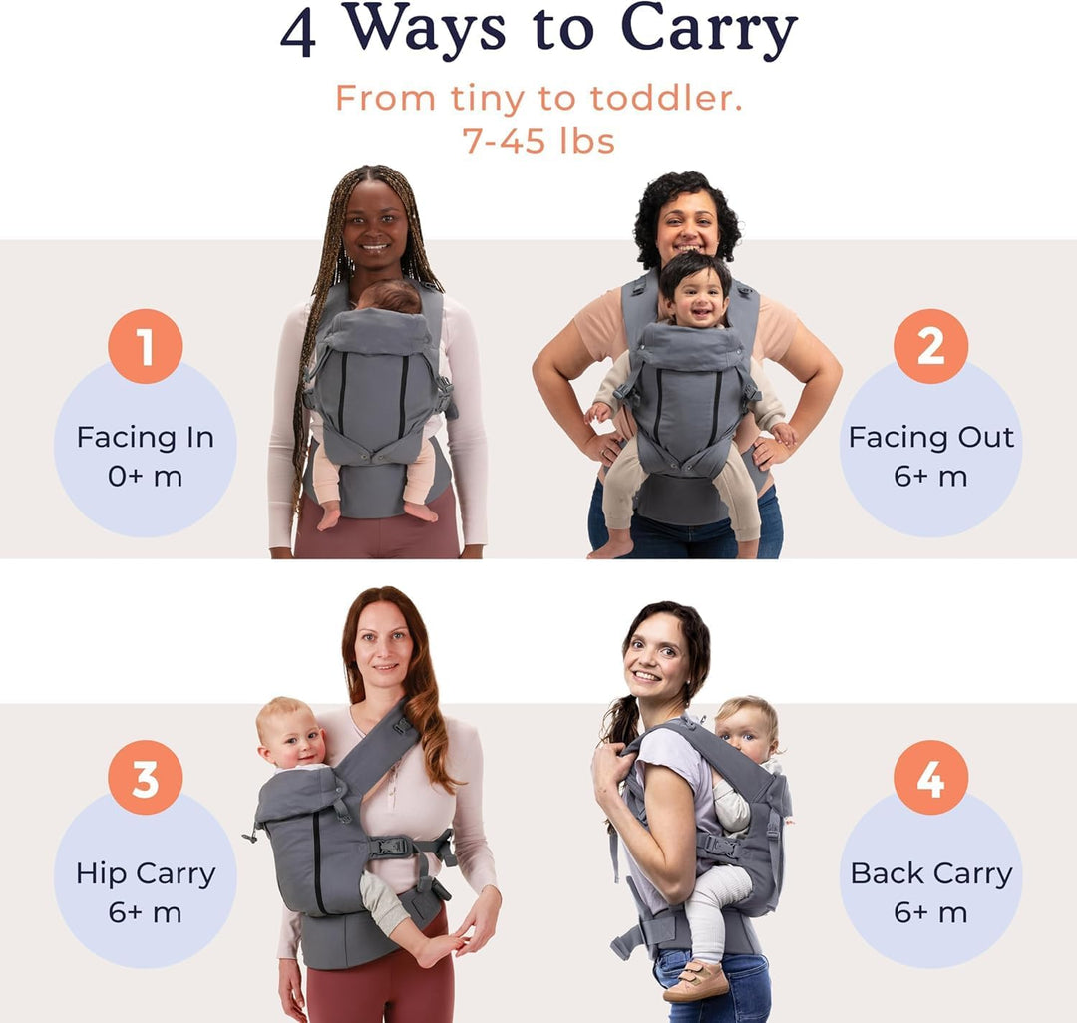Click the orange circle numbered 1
pos(145,346)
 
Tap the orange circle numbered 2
pos(930,346)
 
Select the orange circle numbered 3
pos(145,777)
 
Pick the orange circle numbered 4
pos(930,777)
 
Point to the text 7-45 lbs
pos(538,141)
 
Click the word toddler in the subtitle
pos(666,98)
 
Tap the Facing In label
pos(146,438)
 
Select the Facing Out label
pos(931,438)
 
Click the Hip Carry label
pos(146,874)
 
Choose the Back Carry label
pos(931,874)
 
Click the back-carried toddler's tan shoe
pos(696,980)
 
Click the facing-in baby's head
pos(390,296)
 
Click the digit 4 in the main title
pos(299,35)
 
